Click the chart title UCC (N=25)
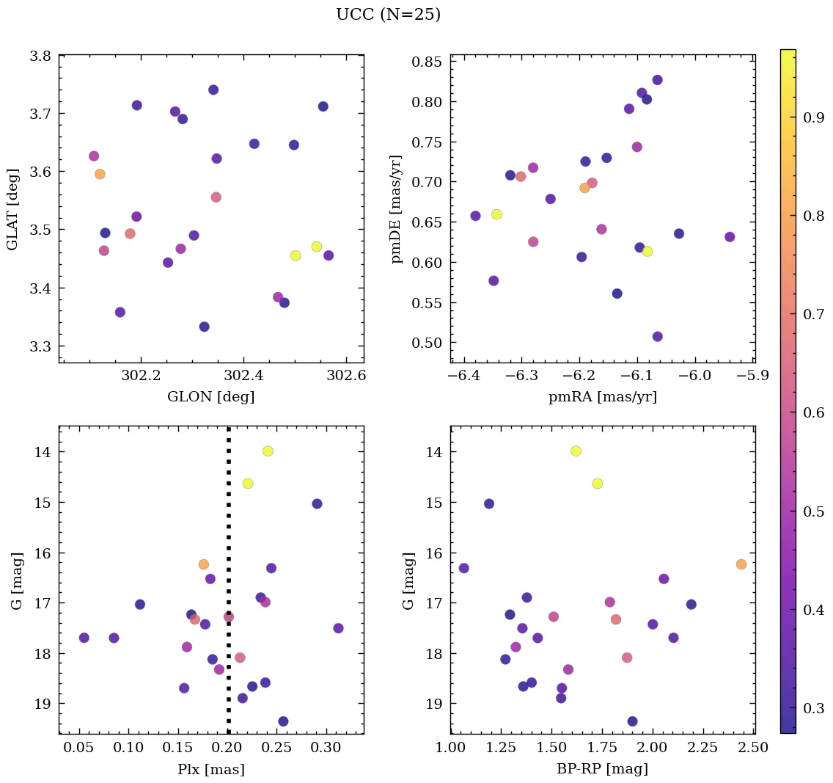(x=388, y=15)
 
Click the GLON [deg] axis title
(x=211, y=397)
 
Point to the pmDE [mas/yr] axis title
(x=397, y=209)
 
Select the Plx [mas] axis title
(x=211, y=770)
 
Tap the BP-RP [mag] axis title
(x=602, y=770)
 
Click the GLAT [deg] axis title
(x=12, y=209)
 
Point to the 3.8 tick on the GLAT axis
(x=41, y=56)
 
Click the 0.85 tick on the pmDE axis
(x=426, y=62)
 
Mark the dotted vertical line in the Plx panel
(x=228, y=514)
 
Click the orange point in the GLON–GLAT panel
(x=100, y=174)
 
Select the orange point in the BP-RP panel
(x=741, y=564)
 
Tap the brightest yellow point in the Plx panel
(x=268, y=451)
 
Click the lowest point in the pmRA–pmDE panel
(x=657, y=337)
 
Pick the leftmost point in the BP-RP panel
(x=463, y=568)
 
